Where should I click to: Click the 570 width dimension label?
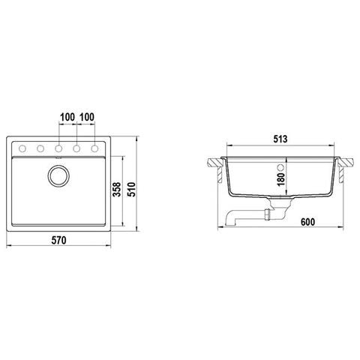59,240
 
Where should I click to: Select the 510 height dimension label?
132,190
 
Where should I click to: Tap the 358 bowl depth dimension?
117,190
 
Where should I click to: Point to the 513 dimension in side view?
280,139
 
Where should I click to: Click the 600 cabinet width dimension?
307,222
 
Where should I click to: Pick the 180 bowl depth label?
281,179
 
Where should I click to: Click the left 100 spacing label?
67,117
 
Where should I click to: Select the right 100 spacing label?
87,117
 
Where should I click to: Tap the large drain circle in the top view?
58,175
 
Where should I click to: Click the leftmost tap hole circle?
22,148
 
